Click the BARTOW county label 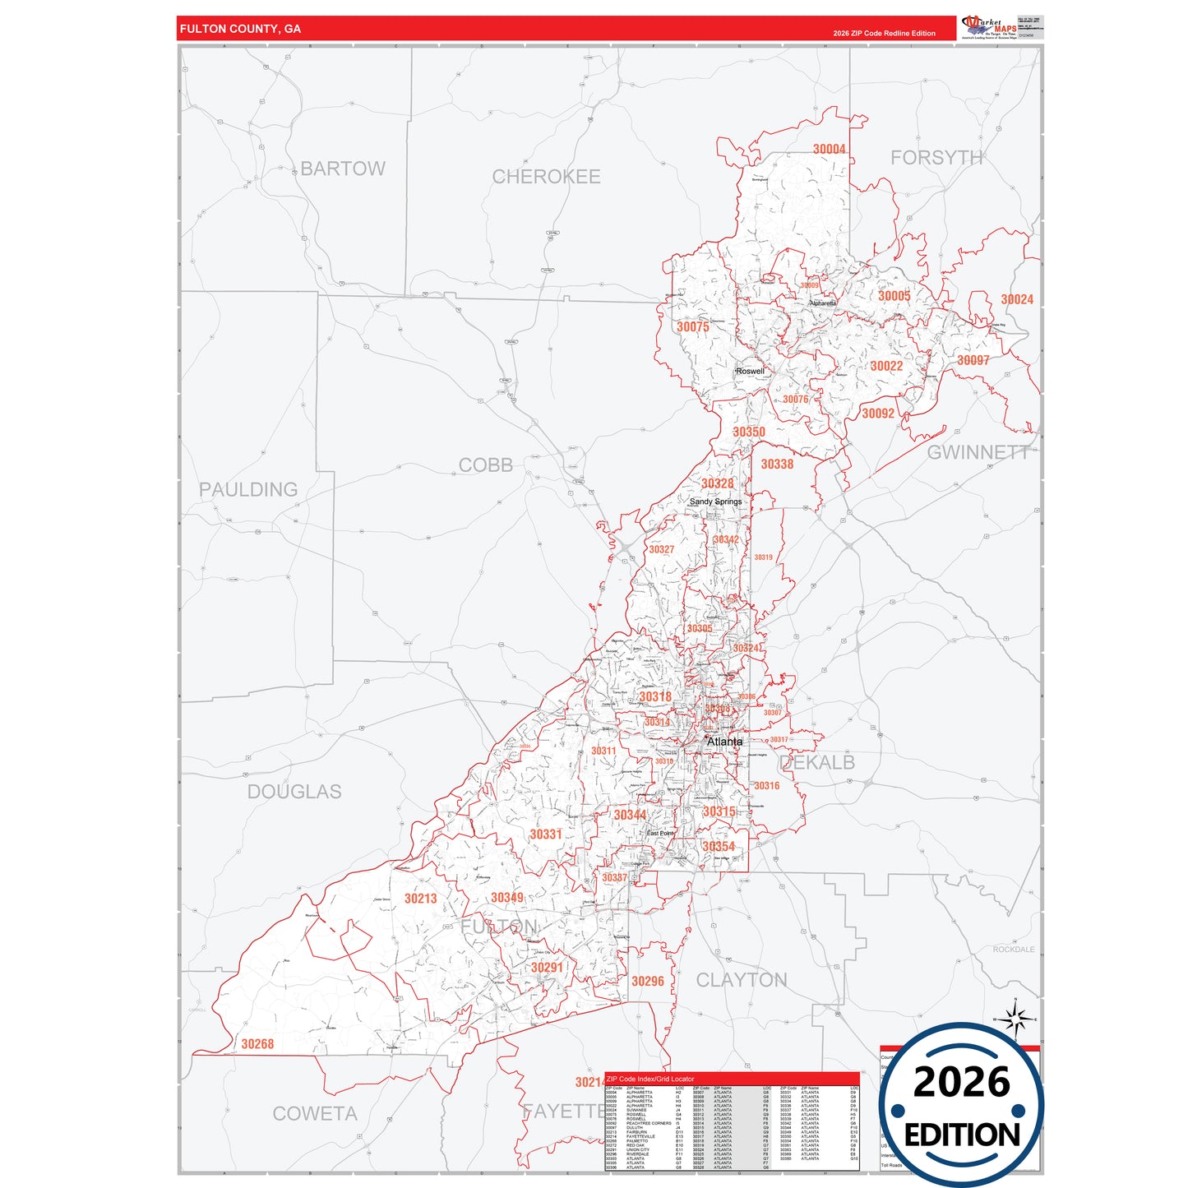tap(342, 169)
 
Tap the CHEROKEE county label tap(546, 177)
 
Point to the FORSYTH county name tap(936, 158)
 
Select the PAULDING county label tap(248, 490)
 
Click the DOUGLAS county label tap(294, 792)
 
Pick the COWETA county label tap(315, 1114)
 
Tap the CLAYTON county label tap(742, 980)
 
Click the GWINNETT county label tap(978, 452)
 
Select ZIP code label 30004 tap(829, 150)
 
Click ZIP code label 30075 tap(692, 327)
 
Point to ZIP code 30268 tap(257, 1044)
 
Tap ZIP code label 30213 tap(420, 899)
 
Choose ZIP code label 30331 tap(545, 834)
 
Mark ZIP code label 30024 tap(1017, 300)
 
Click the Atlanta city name tap(724, 742)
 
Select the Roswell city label tap(750, 371)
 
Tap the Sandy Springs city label tap(715, 502)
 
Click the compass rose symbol tap(1016, 1020)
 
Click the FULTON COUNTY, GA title tap(240, 29)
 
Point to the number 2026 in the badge tap(961, 1082)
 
